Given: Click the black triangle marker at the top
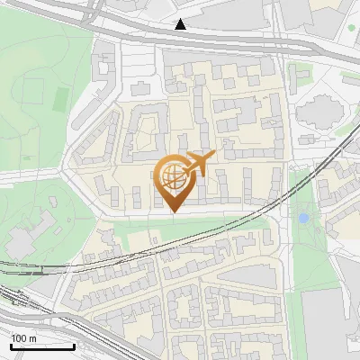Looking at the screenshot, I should (181, 24).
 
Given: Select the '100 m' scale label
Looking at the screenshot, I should (24, 337).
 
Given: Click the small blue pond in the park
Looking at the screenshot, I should (303, 218).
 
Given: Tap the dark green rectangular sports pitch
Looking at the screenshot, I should (61, 95).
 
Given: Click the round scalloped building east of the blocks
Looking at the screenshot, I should (316, 114).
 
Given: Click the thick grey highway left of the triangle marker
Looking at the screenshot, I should (108, 26).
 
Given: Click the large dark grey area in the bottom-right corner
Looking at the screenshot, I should (328, 324).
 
